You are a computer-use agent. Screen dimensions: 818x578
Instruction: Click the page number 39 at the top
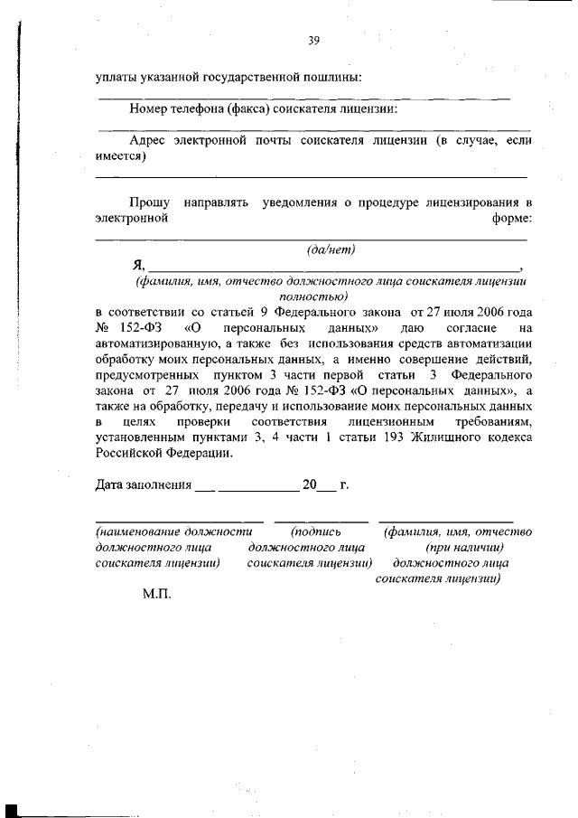(314, 40)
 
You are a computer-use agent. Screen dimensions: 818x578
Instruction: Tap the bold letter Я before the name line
(138, 265)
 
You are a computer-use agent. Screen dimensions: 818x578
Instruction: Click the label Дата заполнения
(143, 485)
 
